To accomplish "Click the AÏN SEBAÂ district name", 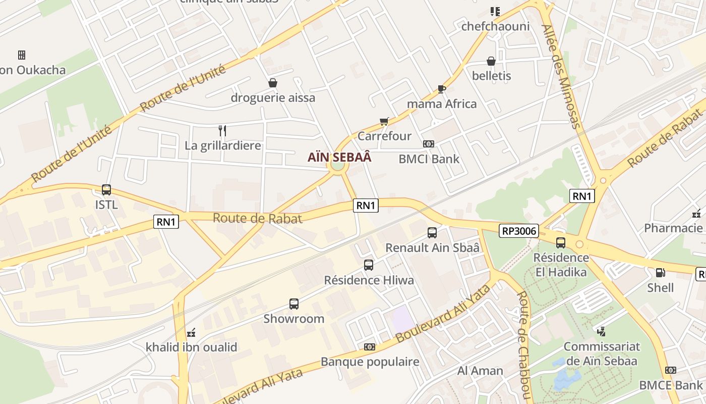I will [339, 157].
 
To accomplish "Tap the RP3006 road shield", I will [520, 231].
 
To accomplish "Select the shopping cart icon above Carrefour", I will [384, 121].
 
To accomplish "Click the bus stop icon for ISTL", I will [106, 190].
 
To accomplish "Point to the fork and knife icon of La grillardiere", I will [222, 131].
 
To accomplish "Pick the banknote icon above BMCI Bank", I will [429, 144].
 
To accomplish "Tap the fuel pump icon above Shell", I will [660, 273].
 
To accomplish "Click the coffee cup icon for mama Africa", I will [442, 89].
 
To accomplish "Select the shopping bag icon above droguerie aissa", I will [273, 83].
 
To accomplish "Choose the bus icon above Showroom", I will [294, 304].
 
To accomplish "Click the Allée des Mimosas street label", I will [562, 76].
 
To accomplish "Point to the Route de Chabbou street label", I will [524, 343].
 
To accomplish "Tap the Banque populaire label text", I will [370, 362].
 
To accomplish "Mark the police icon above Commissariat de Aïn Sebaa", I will [601, 332].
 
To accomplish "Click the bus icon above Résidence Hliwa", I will [369, 265].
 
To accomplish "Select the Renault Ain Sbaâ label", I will [432, 248].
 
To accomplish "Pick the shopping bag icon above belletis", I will [491, 61].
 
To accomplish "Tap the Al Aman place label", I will [480, 371].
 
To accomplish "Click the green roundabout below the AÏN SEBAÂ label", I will [337, 166].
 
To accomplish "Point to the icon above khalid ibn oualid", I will [191, 333].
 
